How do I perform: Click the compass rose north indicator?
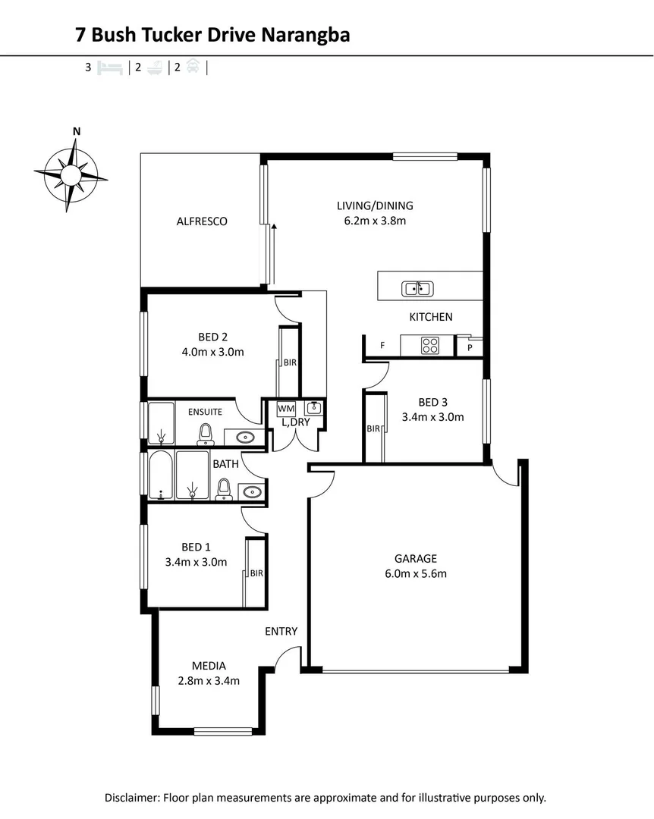pos(76,131)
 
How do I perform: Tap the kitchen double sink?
pos(417,288)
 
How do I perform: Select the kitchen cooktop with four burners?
pos(430,346)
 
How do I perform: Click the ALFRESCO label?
pos(202,221)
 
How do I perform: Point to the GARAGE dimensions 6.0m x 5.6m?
pos(415,573)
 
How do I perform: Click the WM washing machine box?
pos(286,408)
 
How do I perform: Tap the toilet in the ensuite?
pos(205,434)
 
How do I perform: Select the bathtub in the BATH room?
pos(159,475)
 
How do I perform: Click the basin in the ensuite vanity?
pos(245,438)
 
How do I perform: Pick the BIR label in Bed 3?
pos(373,428)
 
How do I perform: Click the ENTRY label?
pos(281,631)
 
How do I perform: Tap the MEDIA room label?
pos(209,666)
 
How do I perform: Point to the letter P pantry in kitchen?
pos(469,347)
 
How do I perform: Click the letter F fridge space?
pos(382,346)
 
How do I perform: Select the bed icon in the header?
pos(109,67)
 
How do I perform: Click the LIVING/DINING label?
pos(375,206)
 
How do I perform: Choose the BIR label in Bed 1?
pos(256,573)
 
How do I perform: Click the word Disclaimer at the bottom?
pos(133,798)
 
